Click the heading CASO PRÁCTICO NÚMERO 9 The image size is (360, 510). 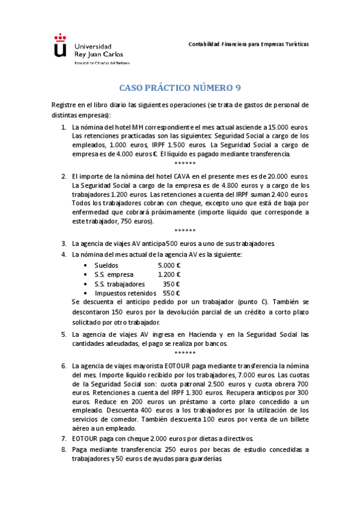pos(180,87)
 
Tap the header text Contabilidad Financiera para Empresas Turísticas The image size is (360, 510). pos(248,45)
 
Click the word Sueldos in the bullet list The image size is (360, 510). pos(106,265)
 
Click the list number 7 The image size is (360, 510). pos(64,438)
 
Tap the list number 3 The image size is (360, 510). pos(64,244)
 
